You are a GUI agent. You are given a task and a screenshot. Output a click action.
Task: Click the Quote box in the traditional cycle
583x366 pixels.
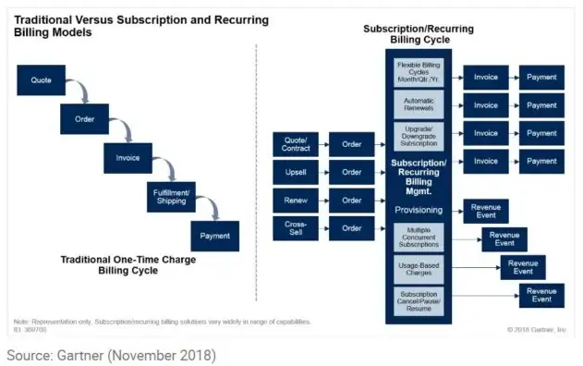(41, 80)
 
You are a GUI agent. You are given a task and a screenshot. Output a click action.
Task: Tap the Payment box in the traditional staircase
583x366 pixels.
(214, 236)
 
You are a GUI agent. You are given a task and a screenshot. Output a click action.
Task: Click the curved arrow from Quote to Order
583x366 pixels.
(80, 91)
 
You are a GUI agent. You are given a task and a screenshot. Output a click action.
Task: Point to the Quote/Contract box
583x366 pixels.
(296, 143)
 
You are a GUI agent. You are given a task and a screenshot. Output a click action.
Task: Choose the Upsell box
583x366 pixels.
(296, 172)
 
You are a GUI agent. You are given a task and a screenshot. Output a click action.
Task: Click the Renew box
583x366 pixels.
(296, 200)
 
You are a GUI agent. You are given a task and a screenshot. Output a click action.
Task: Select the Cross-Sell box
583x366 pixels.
(296, 227)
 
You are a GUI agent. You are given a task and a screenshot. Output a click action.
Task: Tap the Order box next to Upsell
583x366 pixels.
(351, 172)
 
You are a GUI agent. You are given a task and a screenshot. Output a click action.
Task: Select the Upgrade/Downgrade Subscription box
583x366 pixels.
(419, 135)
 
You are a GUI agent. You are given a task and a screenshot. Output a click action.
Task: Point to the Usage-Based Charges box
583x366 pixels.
(419, 269)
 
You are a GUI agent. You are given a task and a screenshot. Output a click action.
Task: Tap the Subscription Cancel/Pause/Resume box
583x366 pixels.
(419, 299)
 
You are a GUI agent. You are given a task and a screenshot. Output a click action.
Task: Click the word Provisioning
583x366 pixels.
(419, 210)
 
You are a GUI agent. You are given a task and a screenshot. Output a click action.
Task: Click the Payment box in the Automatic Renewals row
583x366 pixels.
(541, 105)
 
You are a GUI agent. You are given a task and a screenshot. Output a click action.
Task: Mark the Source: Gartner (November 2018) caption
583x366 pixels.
(110, 354)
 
